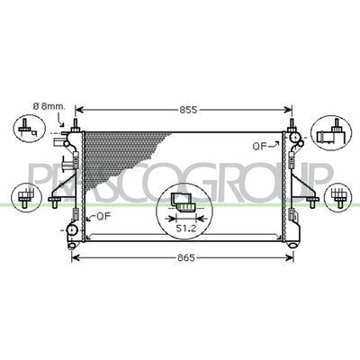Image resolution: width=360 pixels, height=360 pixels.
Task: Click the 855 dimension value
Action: pyautogui.click(x=188, y=110)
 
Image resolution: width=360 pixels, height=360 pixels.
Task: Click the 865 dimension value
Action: pyautogui.click(x=185, y=257)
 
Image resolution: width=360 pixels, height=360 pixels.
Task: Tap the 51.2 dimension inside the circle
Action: pyautogui.click(x=186, y=229)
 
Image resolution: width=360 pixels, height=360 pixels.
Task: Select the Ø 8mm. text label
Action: pyautogui.click(x=49, y=106)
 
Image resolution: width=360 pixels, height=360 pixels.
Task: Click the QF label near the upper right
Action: pyautogui.click(x=260, y=147)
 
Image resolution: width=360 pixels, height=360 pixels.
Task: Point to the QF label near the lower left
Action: pyautogui.click(x=103, y=216)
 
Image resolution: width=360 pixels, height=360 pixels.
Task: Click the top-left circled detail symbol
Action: pyautogui.click(x=30, y=129)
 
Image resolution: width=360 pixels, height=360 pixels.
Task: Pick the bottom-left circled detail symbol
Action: pyautogui.click(x=26, y=198)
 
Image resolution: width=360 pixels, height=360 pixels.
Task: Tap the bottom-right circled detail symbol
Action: pyautogui.click(x=338, y=197)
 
